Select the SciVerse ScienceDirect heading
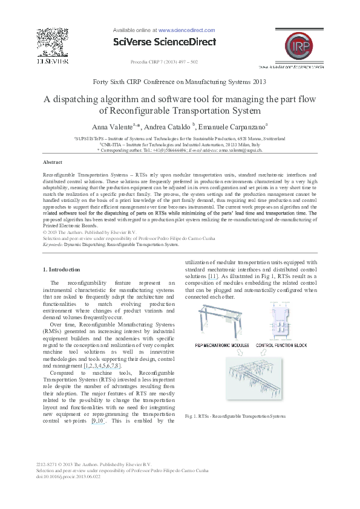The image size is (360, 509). (x=165, y=42)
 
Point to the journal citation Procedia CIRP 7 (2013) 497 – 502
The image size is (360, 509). (x=164, y=62)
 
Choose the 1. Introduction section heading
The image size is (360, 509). (x=62, y=269)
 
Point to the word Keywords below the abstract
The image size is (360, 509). (x=53, y=245)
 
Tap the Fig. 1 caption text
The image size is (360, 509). (x=236, y=417)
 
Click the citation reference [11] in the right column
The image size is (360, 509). (x=212, y=276)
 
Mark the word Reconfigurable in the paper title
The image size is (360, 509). (x=133, y=111)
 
